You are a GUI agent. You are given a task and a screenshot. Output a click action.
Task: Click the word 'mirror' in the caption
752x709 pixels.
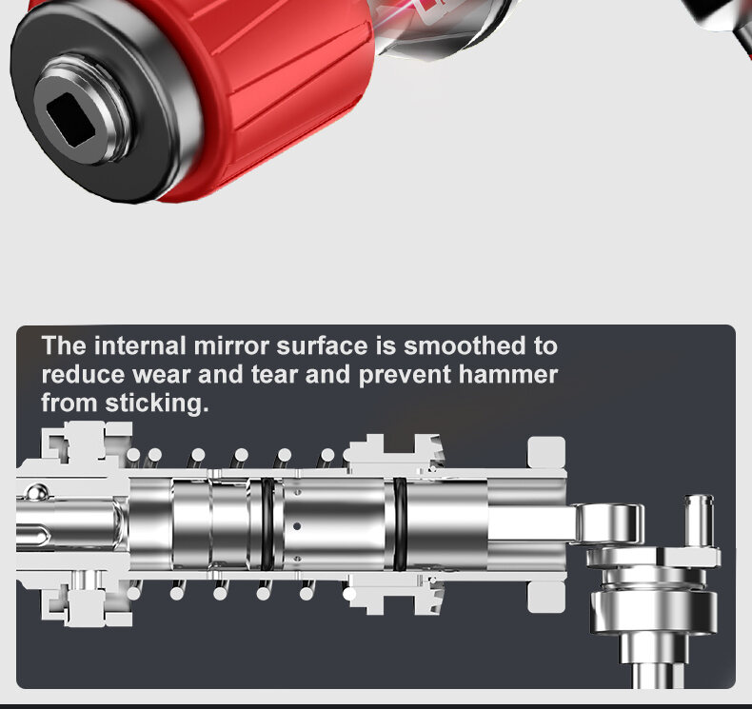pyautogui.click(x=231, y=346)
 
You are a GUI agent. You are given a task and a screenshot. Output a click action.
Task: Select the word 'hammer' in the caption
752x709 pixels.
pyautogui.click(x=508, y=374)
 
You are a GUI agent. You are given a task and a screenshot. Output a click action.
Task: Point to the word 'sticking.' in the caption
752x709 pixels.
pyautogui.click(x=157, y=404)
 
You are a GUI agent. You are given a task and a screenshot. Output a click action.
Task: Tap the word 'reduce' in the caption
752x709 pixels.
pyautogui.click(x=83, y=374)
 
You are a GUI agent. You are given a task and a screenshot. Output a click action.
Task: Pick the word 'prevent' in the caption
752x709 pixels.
pyautogui.click(x=405, y=375)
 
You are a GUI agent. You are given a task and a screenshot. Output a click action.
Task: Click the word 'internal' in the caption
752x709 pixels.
pyautogui.click(x=140, y=346)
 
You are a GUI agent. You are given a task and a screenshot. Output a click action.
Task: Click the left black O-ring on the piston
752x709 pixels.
pyautogui.click(x=267, y=524)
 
